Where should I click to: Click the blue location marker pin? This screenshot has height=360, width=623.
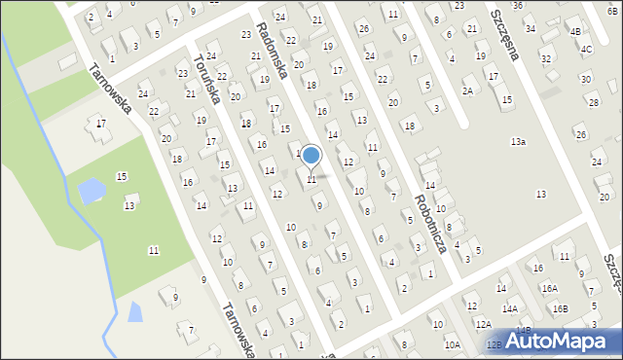click(x=311, y=157)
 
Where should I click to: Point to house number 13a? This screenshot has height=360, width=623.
click(x=519, y=142)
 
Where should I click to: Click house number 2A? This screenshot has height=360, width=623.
click(x=468, y=90)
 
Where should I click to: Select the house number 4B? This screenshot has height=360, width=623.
click(x=575, y=31)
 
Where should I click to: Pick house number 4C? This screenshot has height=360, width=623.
click(x=586, y=49)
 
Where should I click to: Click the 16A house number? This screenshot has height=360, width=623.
click(x=550, y=288)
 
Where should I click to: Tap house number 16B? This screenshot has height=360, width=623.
click(x=560, y=308)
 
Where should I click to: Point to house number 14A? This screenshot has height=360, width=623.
click(x=510, y=308)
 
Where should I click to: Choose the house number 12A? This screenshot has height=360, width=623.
click(x=484, y=323)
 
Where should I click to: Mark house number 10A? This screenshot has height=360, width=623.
click(x=453, y=344)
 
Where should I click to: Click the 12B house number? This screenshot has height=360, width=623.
click(x=494, y=344)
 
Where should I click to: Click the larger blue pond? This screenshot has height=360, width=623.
click(x=92, y=191)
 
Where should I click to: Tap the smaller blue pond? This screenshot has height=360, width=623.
click(x=134, y=312)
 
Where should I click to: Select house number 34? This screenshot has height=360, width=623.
click(x=531, y=28)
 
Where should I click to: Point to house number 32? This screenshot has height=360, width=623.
click(x=546, y=59)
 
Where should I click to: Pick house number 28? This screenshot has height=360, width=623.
click(x=593, y=102)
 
